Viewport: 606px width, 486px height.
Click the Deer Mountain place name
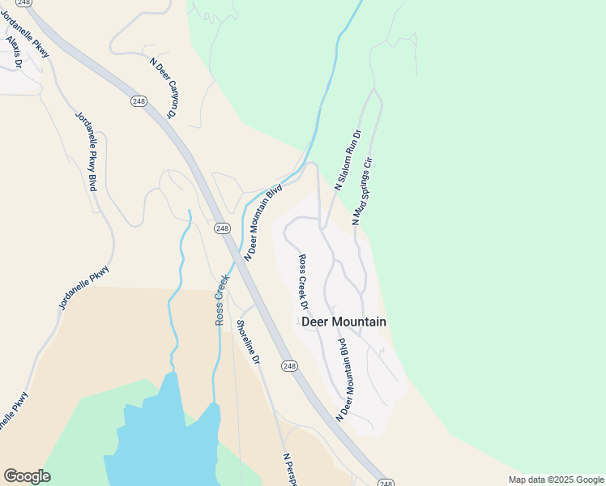(x=344, y=322)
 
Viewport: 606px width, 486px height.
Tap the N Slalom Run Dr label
(x=348, y=159)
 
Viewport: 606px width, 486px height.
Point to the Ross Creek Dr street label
(x=304, y=283)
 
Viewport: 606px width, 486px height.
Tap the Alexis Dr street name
(x=14, y=49)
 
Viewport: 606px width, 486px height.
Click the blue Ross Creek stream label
(x=222, y=300)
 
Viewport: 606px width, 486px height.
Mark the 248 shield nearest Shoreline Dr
(x=290, y=366)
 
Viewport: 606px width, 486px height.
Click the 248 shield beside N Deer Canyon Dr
(x=139, y=100)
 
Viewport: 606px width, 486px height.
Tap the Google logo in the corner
(x=27, y=476)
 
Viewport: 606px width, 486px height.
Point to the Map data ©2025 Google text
(x=556, y=480)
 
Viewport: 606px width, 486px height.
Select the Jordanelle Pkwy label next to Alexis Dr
(x=24, y=32)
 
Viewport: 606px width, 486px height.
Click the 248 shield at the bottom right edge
(x=386, y=482)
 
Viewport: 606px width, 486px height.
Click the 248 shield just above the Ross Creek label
(x=222, y=228)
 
